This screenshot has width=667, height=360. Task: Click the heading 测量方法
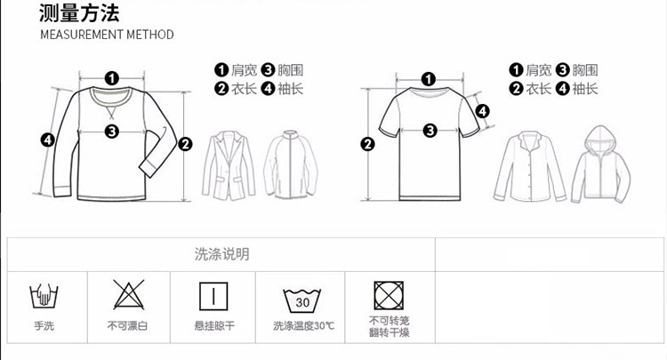coord(79,12)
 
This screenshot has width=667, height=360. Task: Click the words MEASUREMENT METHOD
coord(108,35)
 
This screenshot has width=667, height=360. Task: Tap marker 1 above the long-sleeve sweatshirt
coord(112,78)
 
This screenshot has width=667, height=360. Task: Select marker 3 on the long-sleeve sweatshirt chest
coord(112,131)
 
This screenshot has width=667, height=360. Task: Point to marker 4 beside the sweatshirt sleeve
coord(48,140)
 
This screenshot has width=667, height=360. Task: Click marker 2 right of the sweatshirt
coord(185,145)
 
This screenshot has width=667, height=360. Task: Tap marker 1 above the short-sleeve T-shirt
coord(429,79)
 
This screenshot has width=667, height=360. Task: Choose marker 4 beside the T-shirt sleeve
coord(482,111)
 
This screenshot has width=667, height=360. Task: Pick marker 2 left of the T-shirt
coord(368,144)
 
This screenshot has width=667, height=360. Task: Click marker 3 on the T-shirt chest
coord(430,130)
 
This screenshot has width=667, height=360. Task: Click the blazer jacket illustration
coord(229,165)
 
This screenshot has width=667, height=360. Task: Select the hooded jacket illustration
coord(600,164)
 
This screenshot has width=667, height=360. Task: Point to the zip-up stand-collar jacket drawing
coord(291,164)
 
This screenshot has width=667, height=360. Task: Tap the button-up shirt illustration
coord(530,165)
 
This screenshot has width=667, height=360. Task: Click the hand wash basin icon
coord(44,295)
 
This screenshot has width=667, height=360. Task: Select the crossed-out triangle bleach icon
coord(128,294)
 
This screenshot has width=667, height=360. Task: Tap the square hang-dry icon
coord(213,296)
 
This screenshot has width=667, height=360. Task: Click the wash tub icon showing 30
coord(302,300)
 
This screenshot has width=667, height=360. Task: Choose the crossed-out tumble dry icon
coord(389,295)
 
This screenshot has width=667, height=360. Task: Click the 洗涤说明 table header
coord(222,254)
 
